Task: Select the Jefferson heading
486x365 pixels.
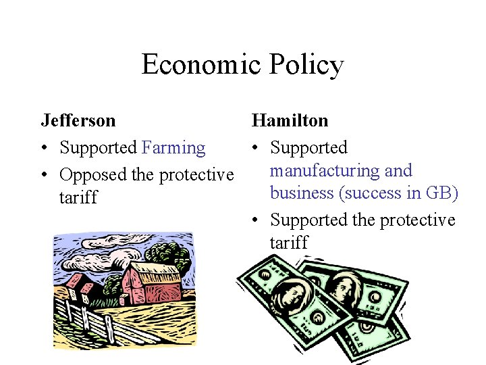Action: pyautogui.click(x=78, y=120)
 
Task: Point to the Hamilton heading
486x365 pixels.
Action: pyautogui.click(x=290, y=120)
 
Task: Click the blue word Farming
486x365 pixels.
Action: pyautogui.click(x=173, y=147)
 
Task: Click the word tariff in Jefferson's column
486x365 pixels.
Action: pyautogui.click(x=78, y=197)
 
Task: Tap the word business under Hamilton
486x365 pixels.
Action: pyautogui.click(x=302, y=193)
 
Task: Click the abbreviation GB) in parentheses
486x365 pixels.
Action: pyautogui.click(x=441, y=193)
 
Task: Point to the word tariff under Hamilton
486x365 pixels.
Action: pyautogui.click(x=289, y=242)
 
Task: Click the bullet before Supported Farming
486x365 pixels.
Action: pyautogui.click(x=45, y=148)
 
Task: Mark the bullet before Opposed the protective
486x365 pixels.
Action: pyautogui.click(x=45, y=175)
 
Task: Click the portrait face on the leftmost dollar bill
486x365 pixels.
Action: pyautogui.click(x=288, y=294)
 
